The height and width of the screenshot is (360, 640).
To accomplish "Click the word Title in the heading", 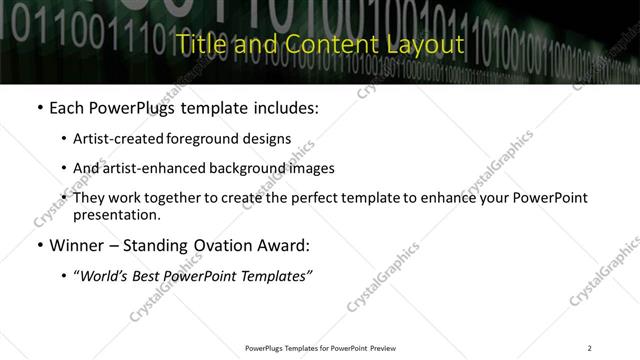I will pyautogui.click(x=197, y=46).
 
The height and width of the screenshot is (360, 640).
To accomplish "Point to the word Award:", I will pyautogui.click(x=284, y=244).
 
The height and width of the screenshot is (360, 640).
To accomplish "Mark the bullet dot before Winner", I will pyautogui.click(x=39, y=245).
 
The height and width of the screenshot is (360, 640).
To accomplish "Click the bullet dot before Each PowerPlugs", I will pyautogui.click(x=39, y=108).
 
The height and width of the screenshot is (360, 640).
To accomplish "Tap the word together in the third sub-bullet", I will pyautogui.click(x=174, y=198).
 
